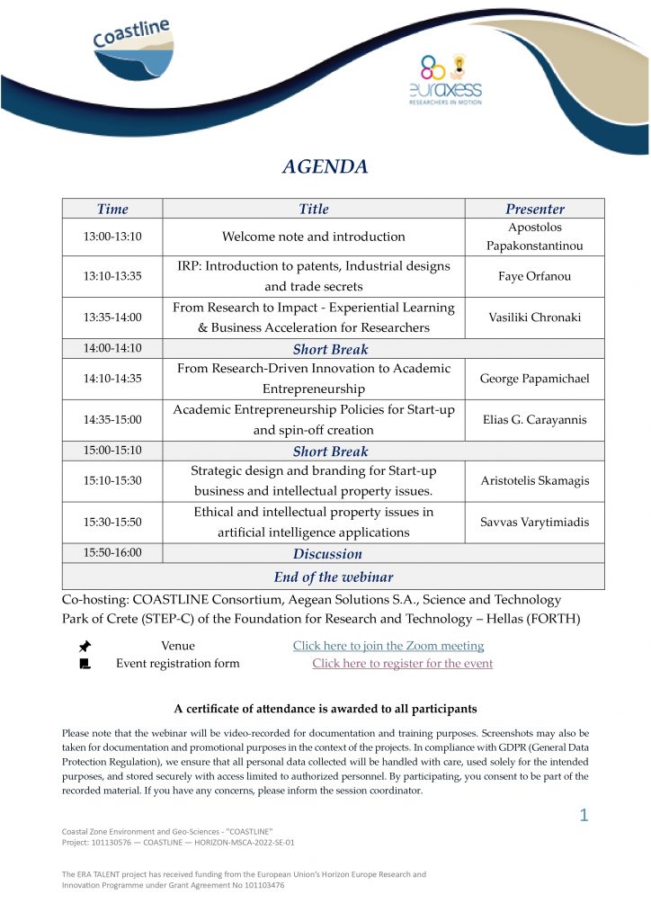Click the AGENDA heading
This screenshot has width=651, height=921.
325,166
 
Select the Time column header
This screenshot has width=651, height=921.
112,210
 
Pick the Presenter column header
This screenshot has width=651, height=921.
535,210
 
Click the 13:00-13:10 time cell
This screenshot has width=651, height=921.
112,237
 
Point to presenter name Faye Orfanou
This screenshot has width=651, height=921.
535,276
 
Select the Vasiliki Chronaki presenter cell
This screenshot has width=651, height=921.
535,317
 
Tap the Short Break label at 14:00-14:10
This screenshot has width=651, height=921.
331,349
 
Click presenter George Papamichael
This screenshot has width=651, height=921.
535,379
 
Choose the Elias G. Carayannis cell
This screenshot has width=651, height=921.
535,419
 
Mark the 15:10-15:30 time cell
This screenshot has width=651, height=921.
112,480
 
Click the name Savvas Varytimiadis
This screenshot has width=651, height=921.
535,522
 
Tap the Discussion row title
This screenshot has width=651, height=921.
327,554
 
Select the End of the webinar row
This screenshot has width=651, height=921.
334,577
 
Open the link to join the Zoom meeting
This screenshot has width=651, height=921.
388,646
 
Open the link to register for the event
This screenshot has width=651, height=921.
402,664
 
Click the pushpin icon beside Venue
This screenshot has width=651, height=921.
85,646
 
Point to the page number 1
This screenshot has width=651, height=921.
584,816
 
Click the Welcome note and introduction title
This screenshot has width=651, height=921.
314,237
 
